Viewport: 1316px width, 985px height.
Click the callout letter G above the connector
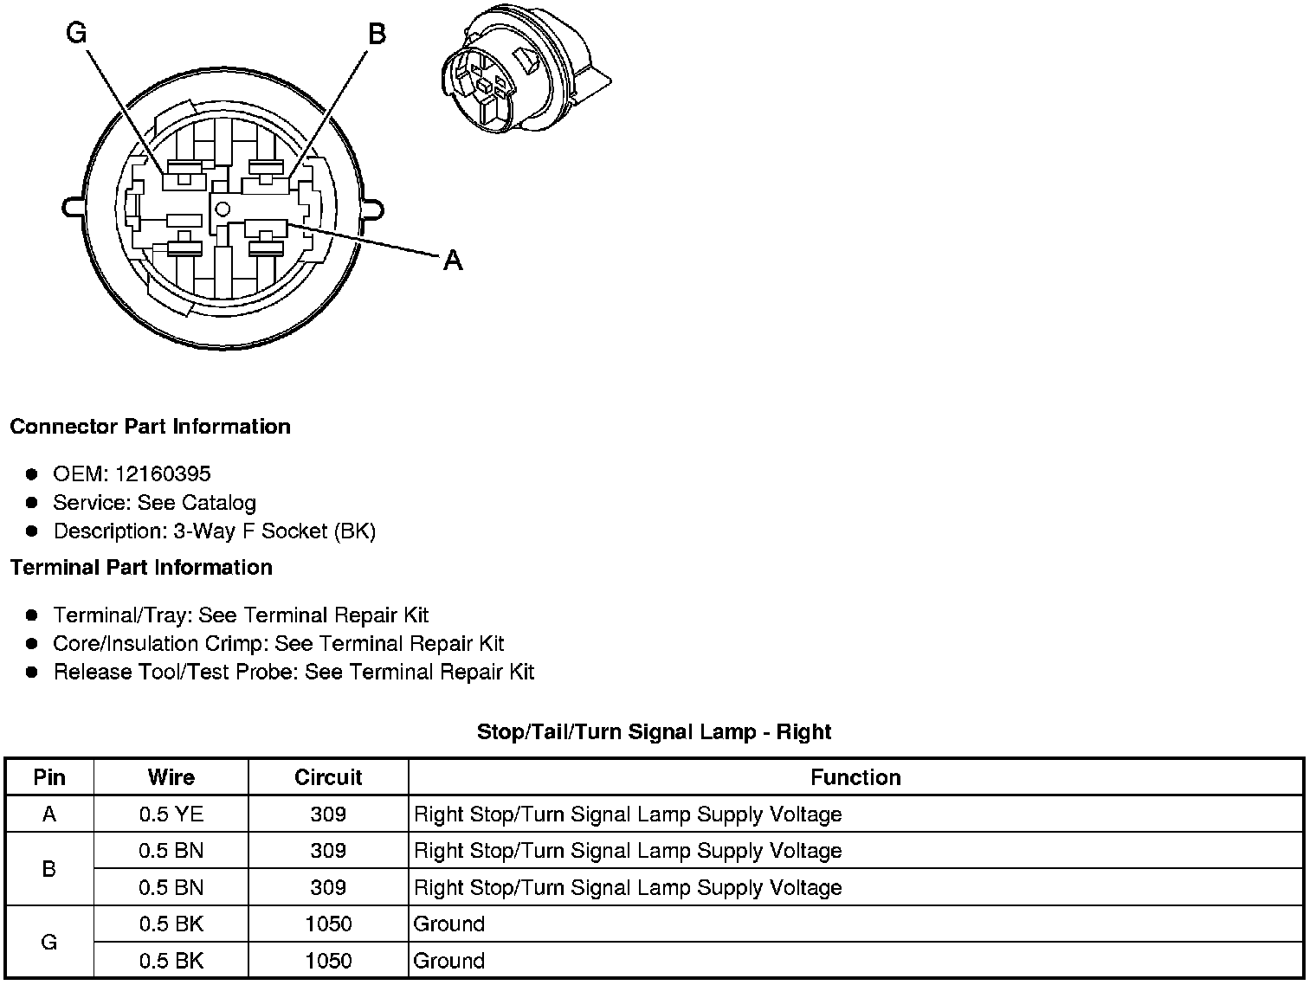coord(76,33)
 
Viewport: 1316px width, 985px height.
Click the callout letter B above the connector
coord(377,34)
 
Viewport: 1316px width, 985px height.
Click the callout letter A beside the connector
coord(453,260)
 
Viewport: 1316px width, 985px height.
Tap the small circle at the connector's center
coord(223,208)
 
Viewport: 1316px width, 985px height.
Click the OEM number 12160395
coord(163,473)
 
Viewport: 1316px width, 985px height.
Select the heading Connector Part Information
coord(150,427)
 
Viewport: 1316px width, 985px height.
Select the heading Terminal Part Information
coord(141,568)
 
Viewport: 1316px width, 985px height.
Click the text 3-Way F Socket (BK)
coord(274,531)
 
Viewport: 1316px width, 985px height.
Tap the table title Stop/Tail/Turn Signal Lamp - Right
coord(654,732)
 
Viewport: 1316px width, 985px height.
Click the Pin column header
coord(49,777)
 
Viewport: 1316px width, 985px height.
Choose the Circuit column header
coord(328,777)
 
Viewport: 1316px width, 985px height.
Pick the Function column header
coord(855,777)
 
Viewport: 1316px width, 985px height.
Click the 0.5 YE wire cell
coord(171,814)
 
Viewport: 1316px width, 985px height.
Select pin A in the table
coord(49,814)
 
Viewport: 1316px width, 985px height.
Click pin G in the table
coord(49,942)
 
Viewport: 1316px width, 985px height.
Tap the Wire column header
coord(171,777)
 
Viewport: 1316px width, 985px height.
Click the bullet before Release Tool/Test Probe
coord(32,673)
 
